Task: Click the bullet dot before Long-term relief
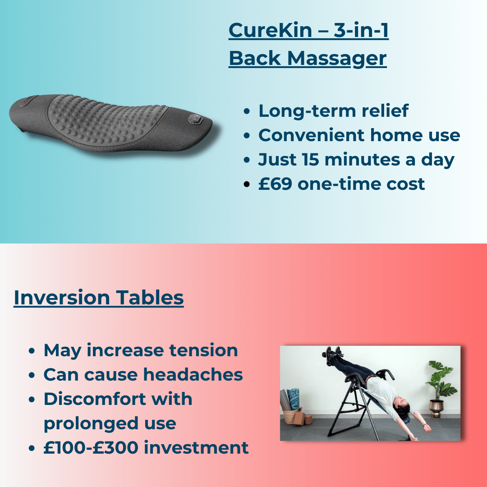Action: pyautogui.click(x=246, y=111)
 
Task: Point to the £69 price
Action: pyautogui.click(x=274, y=184)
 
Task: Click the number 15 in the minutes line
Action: pyautogui.click(x=310, y=160)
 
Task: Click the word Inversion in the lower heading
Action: pyautogui.click(x=62, y=298)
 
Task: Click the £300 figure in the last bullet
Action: pyautogui.click(x=117, y=448)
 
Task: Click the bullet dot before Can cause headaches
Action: pyautogui.click(x=32, y=375)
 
